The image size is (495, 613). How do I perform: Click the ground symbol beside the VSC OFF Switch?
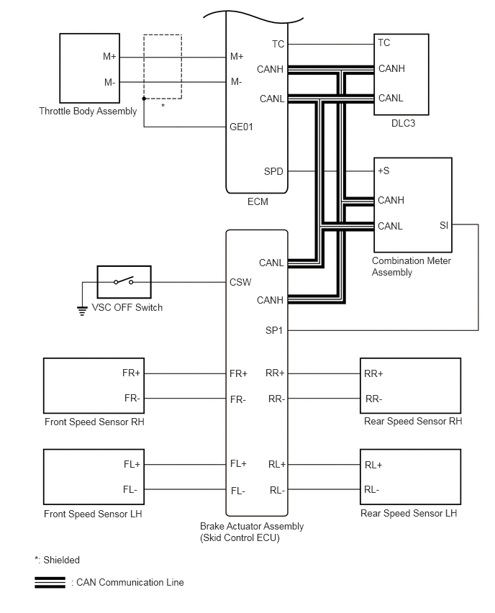click(82, 312)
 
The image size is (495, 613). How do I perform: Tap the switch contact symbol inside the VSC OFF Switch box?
click(124, 281)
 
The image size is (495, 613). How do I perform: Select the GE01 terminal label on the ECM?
click(241, 127)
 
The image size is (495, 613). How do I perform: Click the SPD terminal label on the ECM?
click(273, 172)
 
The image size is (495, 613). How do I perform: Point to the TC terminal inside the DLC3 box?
click(384, 42)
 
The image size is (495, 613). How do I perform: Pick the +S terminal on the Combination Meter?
click(383, 171)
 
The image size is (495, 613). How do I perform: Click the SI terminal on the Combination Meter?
click(444, 225)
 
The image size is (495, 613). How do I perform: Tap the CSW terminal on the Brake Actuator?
click(240, 282)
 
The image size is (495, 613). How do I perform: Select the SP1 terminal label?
click(273, 331)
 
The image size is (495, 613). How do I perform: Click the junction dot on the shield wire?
click(144, 99)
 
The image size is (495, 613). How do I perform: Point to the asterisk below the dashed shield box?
click(163, 106)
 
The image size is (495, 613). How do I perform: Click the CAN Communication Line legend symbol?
click(50, 583)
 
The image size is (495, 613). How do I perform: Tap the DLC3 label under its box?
click(403, 124)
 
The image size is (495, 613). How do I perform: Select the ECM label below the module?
click(258, 201)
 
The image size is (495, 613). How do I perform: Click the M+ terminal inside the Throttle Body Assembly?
click(109, 57)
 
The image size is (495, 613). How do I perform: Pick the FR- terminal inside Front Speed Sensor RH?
click(132, 399)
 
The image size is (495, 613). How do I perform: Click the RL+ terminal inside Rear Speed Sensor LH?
click(373, 466)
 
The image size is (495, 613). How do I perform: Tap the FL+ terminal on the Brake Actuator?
click(239, 464)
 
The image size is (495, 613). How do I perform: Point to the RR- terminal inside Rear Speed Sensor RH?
click(374, 399)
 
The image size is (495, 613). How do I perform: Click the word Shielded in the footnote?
click(61, 560)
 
